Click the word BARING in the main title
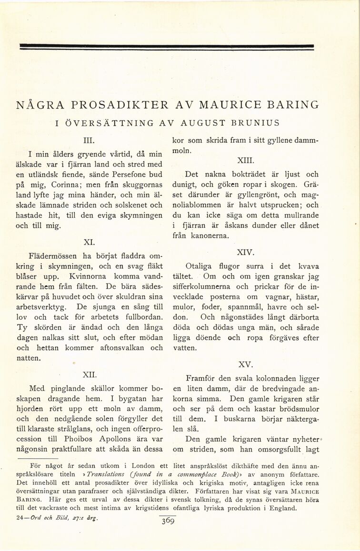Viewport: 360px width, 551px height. tap(289, 104)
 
